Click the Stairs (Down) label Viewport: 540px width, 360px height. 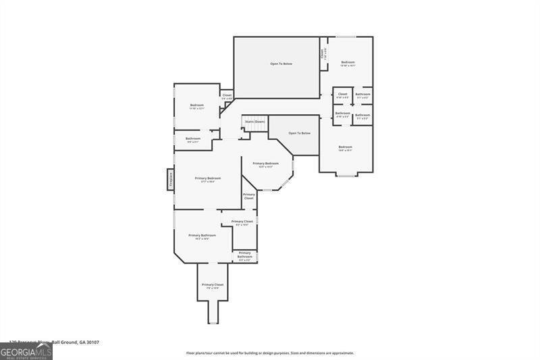click(255, 122)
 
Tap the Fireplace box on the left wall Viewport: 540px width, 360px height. click(171, 180)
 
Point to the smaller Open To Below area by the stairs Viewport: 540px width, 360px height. click(299, 133)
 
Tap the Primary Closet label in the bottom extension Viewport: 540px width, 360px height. click(213, 286)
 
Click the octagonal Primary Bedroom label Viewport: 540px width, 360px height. click(265, 164)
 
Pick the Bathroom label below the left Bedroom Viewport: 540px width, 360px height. click(193, 139)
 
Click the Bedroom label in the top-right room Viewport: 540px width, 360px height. click(347, 63)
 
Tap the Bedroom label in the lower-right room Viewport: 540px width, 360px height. click(345, 148)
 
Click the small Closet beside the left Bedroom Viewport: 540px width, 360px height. click(227, 96)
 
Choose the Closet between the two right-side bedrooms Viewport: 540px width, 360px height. click(342, 95)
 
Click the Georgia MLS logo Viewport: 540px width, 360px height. click(26, 351)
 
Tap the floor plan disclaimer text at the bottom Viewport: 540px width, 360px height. click(270, 353)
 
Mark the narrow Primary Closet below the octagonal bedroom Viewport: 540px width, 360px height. click(249, 197)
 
